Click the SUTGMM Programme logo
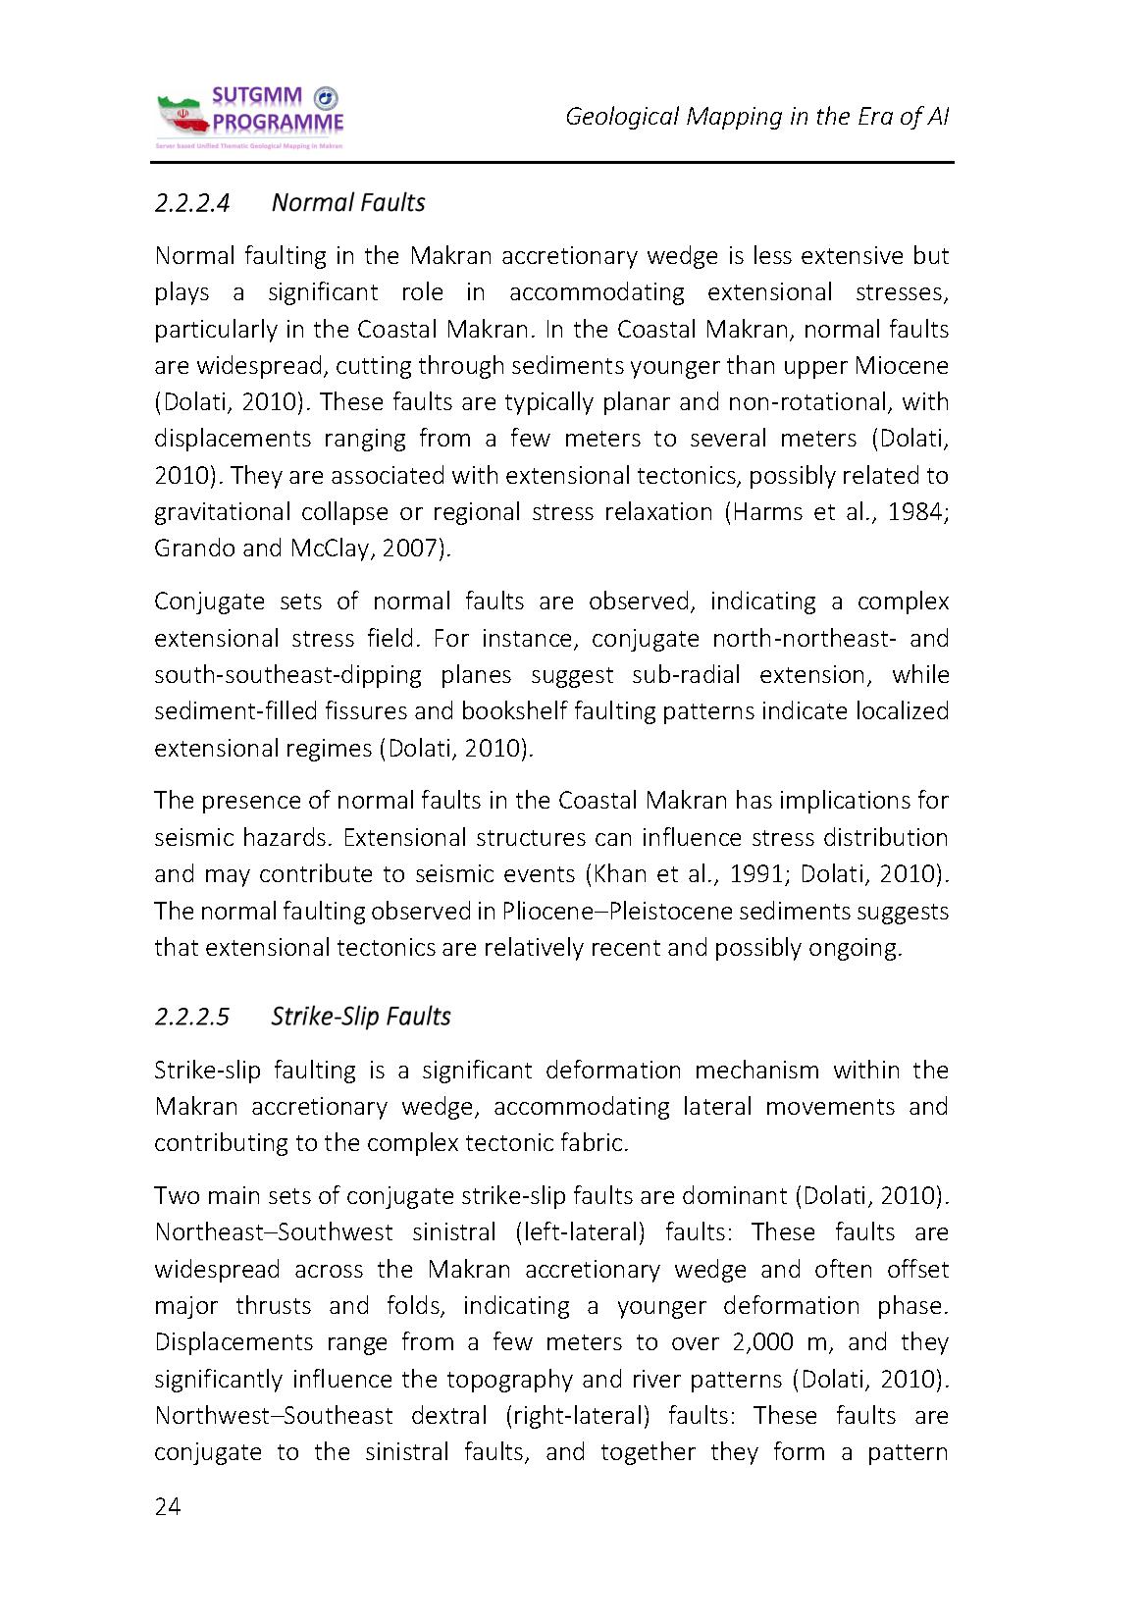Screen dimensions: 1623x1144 [x=250, y=118]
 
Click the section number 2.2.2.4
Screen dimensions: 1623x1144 [x=192, y=203]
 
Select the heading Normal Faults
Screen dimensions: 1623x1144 [x=347, y=203]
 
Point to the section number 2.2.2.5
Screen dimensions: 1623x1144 [x=192, y=1016]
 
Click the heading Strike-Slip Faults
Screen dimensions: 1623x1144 [x=360, y=1016]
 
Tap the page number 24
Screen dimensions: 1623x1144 [x=168, y=1507]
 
